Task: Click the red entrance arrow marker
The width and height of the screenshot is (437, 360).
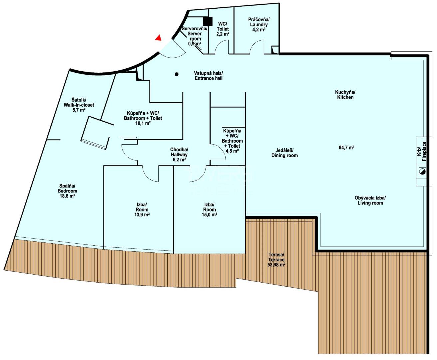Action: click(158, 38)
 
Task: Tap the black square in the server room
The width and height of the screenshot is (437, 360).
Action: click(208, 21)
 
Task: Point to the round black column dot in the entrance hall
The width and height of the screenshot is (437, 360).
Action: click(176, 74)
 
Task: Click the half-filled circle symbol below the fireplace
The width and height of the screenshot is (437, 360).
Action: click(422, 171)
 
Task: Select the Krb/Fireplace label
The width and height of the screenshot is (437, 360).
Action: click(422, 151)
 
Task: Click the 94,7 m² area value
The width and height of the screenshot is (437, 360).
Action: click(346, 148)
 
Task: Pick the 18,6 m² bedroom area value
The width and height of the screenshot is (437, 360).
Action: click(67, 196)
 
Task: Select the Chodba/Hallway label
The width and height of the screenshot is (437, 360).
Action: click(179, 152)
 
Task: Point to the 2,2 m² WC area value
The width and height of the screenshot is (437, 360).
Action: click(223, 34)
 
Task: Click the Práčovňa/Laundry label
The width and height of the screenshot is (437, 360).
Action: click(259, 22)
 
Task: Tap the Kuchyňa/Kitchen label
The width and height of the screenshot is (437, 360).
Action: click(345, 95)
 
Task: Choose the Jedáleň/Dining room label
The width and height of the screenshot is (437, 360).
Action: click(285, 153)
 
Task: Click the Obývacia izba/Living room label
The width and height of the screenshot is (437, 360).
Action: click(370, 200)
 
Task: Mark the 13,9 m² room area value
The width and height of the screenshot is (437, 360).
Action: click(142, 215)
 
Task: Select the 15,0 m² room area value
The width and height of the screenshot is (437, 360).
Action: click(209, 215)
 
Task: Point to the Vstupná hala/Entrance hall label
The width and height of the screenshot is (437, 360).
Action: click(209, 76)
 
